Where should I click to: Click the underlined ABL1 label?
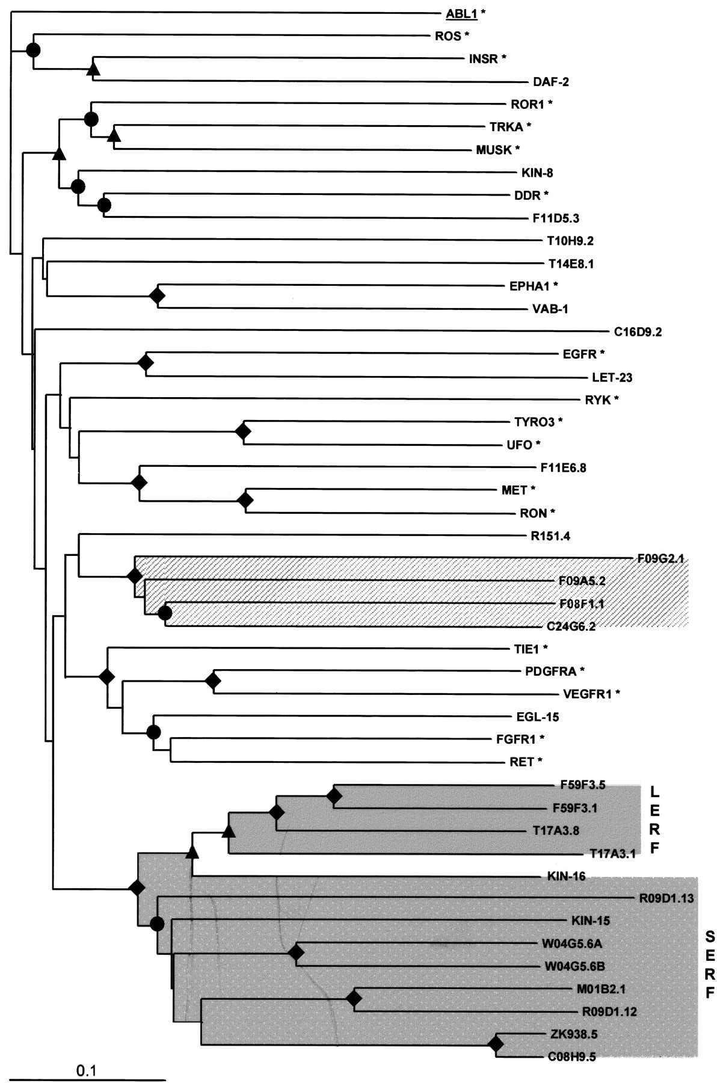click(461, 14)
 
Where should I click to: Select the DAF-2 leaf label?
click(551, 82)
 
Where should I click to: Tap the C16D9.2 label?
click(638, 332)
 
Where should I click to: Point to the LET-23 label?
click(612, 377)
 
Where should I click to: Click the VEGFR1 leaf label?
click(587, 694)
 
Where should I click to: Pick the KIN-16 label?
click(566, 876)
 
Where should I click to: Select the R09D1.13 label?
click(666, 898)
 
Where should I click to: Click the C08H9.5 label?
click(572, 1057)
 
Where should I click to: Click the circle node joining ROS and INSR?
click(33, 50)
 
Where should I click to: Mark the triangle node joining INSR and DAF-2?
click(93, 69)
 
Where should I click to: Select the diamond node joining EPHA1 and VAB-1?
click(158, 296)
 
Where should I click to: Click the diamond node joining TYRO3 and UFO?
click(243, 431)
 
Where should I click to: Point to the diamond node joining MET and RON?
click(245, 500)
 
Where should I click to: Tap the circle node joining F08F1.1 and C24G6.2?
click(165, 613)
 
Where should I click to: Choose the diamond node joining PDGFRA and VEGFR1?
click(213, 681)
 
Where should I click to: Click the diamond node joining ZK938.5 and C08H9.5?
click(496, 1044)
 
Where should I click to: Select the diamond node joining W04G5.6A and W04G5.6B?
click(295, 953)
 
